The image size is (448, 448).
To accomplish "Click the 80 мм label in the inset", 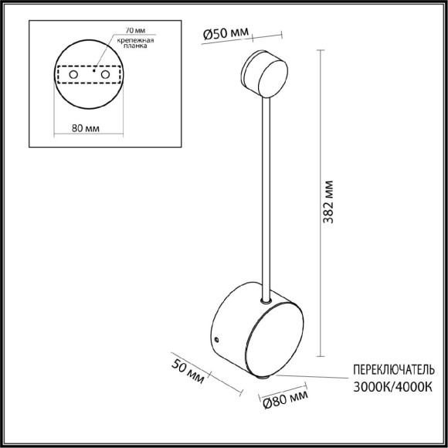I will tap(90, 128).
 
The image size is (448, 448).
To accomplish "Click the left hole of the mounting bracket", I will tap(75, 75).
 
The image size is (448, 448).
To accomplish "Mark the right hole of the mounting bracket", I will tap(106, 75).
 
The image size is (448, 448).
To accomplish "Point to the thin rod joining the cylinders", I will tap(266, 193).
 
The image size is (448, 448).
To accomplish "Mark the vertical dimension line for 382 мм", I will tap(318, 209).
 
